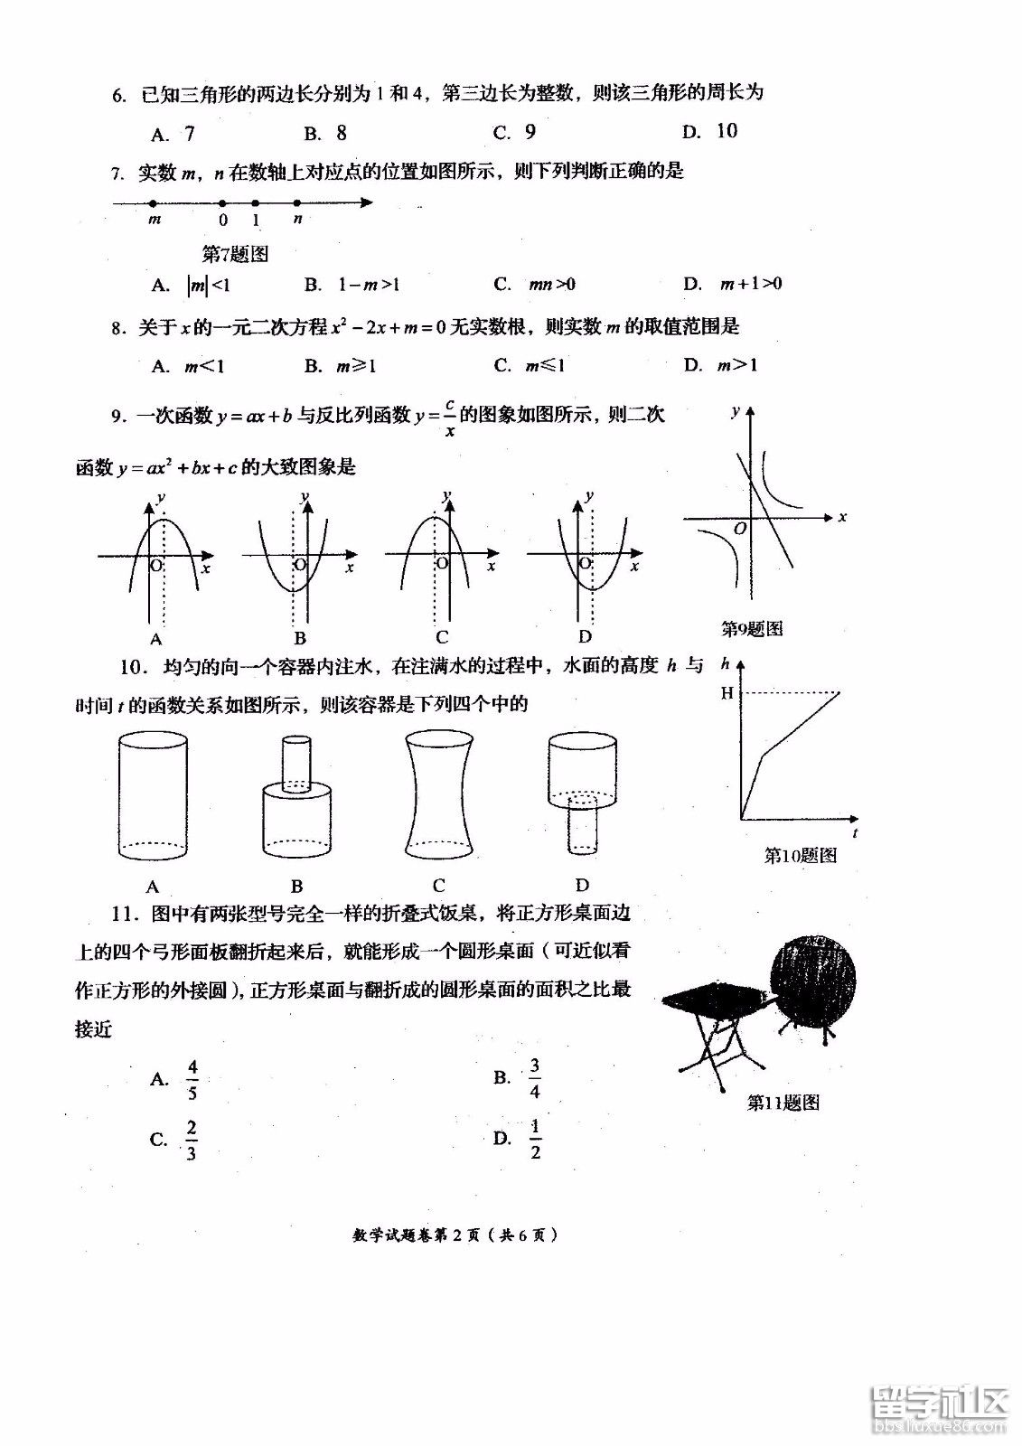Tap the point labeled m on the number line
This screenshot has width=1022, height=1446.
pyautogui.click(x=154, y=203)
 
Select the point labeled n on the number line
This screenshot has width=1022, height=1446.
pyautogui.click(x=297, y=203)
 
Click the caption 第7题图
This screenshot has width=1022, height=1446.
pyautogui.click(x=235, y=255)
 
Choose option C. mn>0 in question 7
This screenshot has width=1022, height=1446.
pyautogui.click(x=534, y=285)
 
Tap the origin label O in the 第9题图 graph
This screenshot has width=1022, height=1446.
pyautogui.click(x=740, y=529)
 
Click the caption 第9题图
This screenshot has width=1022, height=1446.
pyautogui.click(x=752, y=629)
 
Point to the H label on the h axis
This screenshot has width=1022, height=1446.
pyautogui.click(x=727, y=694)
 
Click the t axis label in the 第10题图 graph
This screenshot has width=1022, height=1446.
pyautogui.click(x=855, y=832)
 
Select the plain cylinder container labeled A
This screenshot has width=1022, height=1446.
pyautogui.click(x=153, y=795)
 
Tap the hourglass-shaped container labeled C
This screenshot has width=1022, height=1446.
pyautogui.click(x=439, y=795)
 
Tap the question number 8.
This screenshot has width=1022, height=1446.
pyautogui.click(x=117, y=328)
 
